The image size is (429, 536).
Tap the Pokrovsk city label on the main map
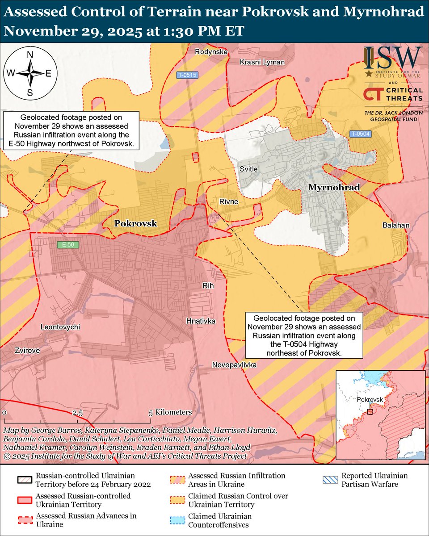[x=136, y=223]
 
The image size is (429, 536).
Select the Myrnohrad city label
[x=334, y=188]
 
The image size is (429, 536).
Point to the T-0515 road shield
[x=187, y=75]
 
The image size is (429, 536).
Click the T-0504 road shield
[x=361, y=134]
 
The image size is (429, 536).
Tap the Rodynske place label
[x=211, y=52]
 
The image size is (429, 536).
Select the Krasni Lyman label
[x=262, y=62]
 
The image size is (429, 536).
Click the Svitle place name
[x=248, y=169]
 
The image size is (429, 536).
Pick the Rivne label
[x=228, y=202]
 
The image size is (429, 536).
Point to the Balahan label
[x=395, y=226]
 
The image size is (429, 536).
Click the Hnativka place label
[x=201, y=321]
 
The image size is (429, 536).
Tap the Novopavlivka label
[x=234, y=365]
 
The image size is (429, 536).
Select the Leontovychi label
[x=60, y=327]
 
